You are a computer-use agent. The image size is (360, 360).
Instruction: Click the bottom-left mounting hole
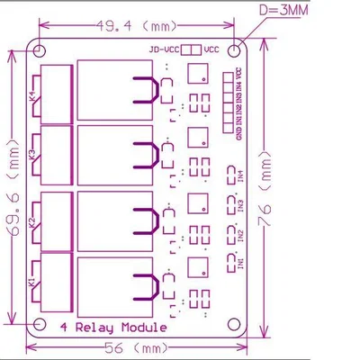[x=40, y=323]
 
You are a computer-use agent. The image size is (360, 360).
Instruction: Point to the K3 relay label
[x=33, y=156]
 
